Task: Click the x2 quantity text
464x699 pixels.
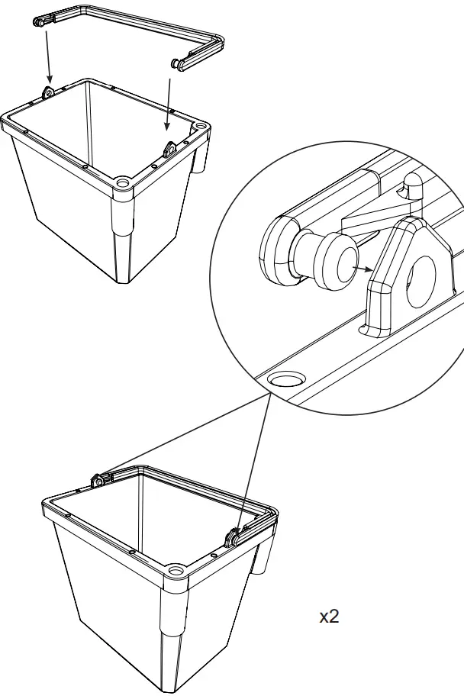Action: click(x=328, y=617)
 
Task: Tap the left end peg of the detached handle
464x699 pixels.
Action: click(x=39, y=23)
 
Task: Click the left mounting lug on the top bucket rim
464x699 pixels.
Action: click(x=49, y=93)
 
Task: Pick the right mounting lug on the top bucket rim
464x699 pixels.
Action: click(x=170, y=146)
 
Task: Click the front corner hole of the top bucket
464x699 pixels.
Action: click(x=122, y=183)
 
